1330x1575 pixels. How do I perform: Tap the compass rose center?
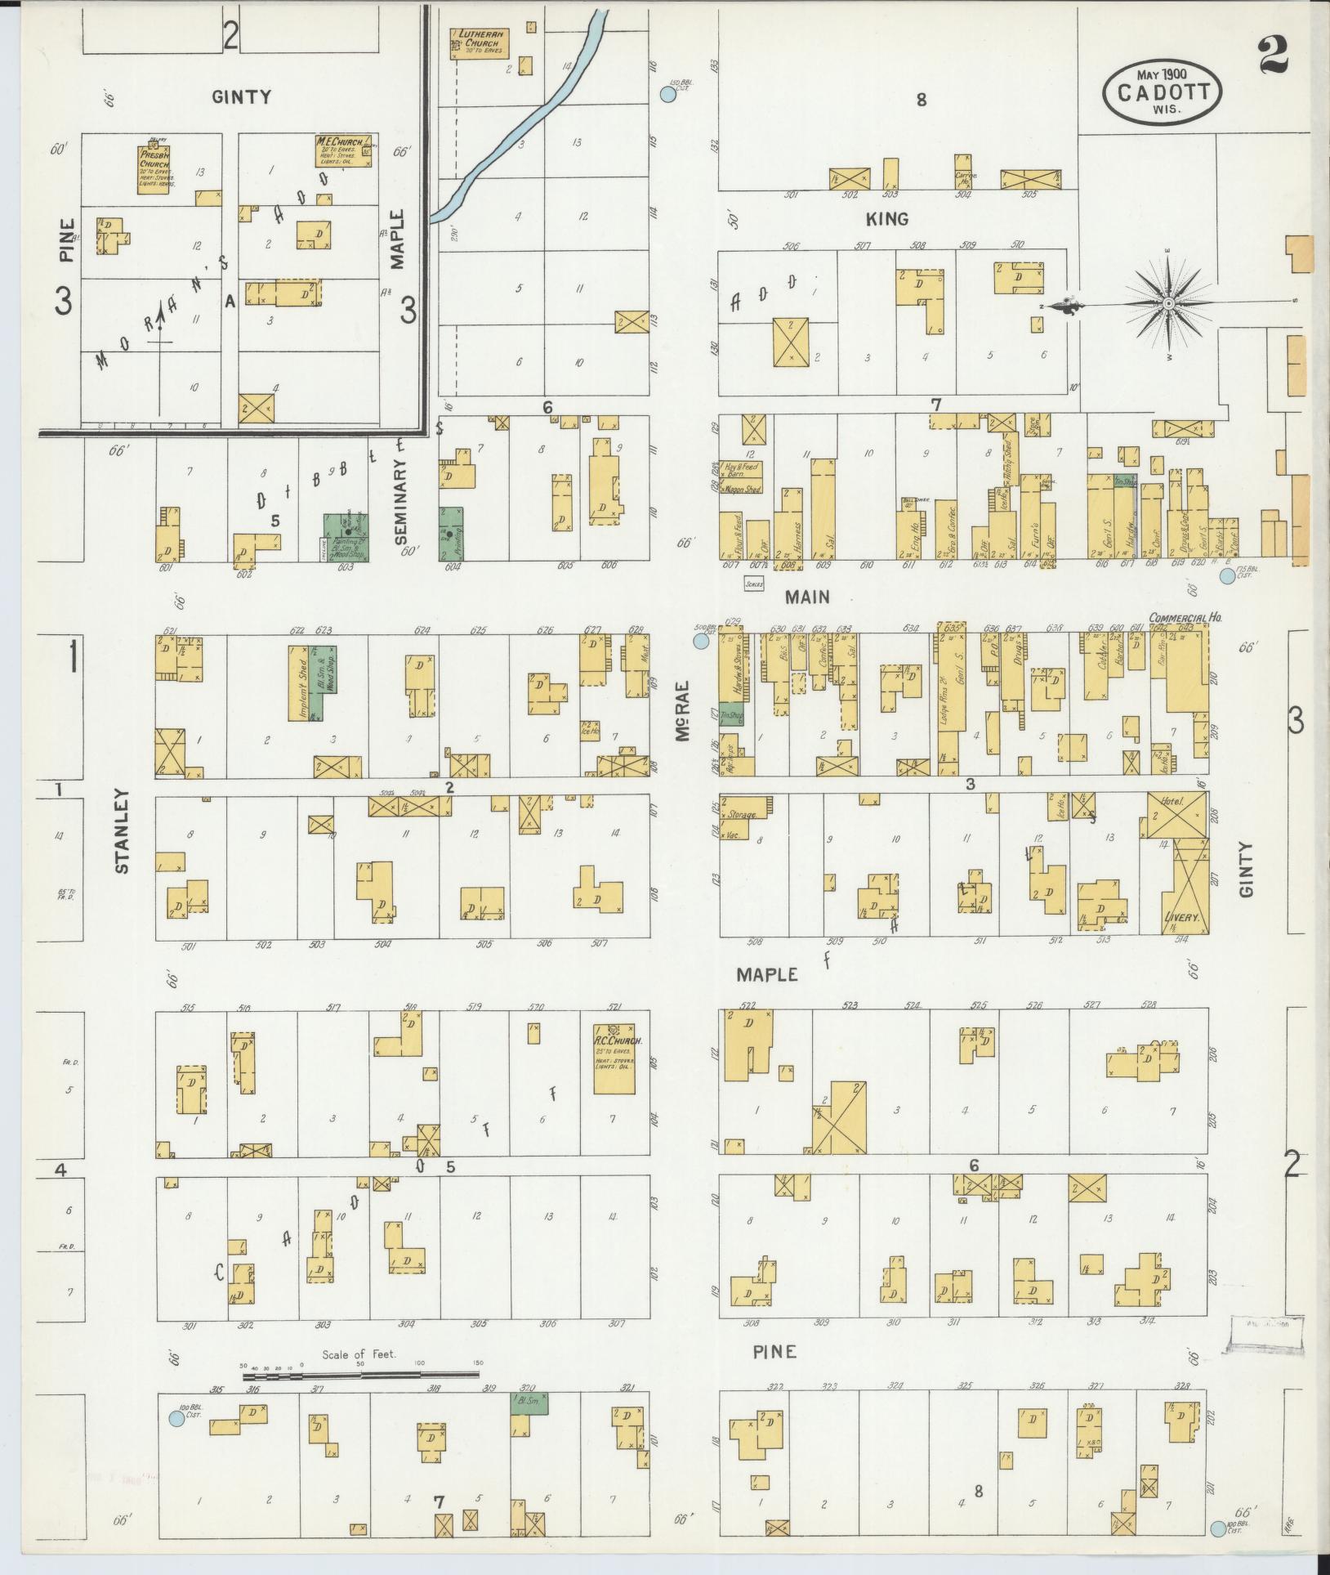pyautogui.click(x=1168, y=304)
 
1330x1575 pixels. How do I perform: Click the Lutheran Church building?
pyautogui.click(x=480, y=43)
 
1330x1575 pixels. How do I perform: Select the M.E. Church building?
pyautogui.click(x=342, y=152)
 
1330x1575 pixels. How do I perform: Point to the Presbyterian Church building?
pyautogui.click(x=153, y=169)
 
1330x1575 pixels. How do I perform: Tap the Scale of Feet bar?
pyautogui.click(x=360, y=1376)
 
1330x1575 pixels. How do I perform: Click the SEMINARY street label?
pyautogui.click(x=400, y=500)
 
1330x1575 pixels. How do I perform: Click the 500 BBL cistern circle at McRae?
pyautogui.click(x=700, y=642)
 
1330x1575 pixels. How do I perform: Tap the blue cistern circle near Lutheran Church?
pyautogui.click(x=668, y=94)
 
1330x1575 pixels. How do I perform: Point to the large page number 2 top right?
pyautogui.click(x=1274, y=55)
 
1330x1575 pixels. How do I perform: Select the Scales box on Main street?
pyautogui.click(x=753, y=584)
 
